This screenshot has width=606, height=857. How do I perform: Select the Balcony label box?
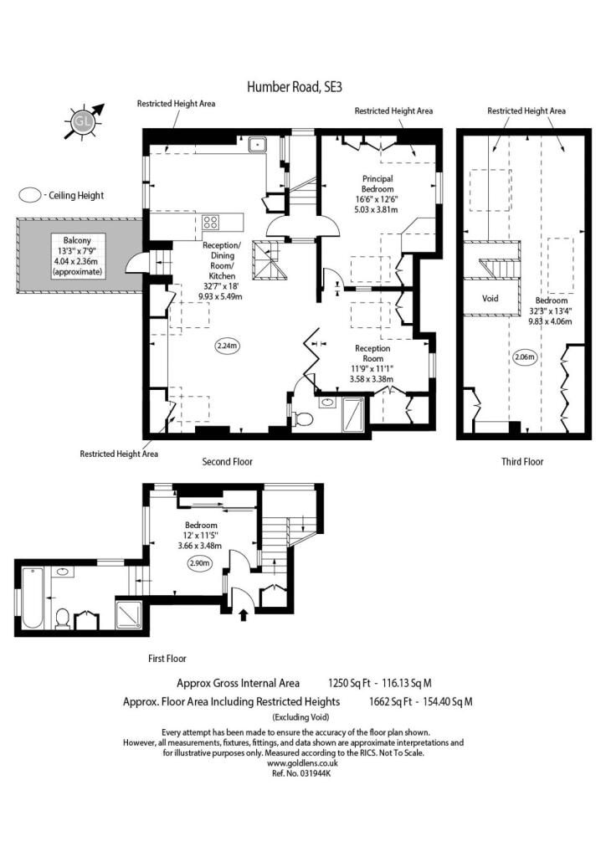click(77, 256)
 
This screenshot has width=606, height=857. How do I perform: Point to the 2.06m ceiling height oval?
click(525, 357)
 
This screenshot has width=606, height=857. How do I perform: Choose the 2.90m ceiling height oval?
click(200, 563)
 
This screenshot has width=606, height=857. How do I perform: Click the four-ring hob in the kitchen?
click(210, 222)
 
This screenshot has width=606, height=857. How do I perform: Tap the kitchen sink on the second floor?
click(256, 144)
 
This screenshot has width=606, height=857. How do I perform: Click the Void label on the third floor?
click(490, 299)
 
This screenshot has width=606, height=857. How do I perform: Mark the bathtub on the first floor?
click(33, 598)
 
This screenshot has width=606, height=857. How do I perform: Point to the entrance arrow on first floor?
click(244, 615)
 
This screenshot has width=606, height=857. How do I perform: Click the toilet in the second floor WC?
click(302, 419)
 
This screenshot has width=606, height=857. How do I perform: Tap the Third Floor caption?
click(522, 462)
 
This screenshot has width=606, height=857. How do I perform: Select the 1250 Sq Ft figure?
click(349, 683)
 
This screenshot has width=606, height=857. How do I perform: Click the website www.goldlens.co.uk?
click(303, 763)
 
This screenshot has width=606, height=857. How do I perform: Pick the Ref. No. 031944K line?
click(301, 773)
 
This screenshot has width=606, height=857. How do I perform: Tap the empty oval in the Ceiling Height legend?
click(30, 195)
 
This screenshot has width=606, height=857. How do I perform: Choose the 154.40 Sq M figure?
click(448, 702)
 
